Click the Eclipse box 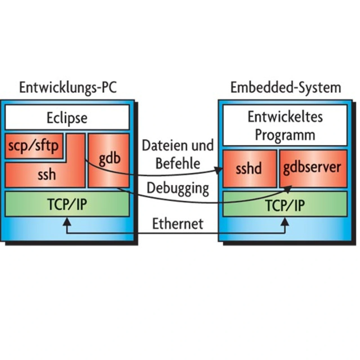coord(67,118)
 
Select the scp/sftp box coord(33,146)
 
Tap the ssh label coord(47,175)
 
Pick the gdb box coord(109,160)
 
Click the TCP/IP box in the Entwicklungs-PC coord(67,204)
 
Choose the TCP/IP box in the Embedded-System coord(285,205)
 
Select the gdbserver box coord(312,168)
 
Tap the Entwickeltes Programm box coord(285,125)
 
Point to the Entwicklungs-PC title coord(68,87)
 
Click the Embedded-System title coord(285,87)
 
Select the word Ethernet coord(177,224)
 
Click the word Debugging coord(178,188)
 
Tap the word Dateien coord(164,146)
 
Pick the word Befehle coord(178,163)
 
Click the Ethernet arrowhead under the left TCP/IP coord(67,222)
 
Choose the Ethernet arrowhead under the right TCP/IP coord(285,222)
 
